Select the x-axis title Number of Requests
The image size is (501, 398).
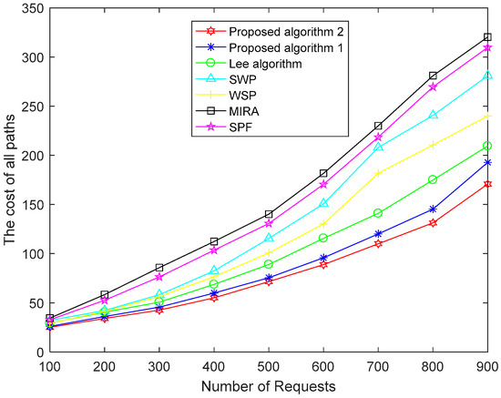point(269,386)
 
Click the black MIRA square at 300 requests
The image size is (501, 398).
point(158,268)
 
